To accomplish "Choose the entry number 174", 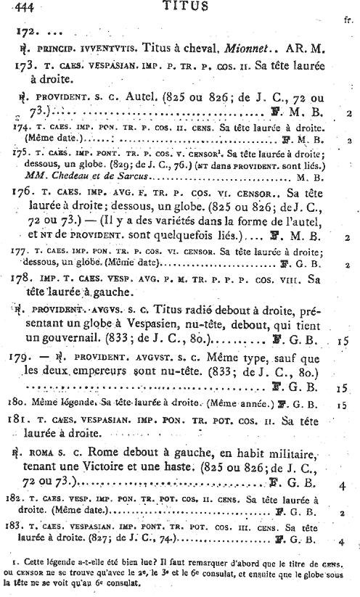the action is [x=22, y=125].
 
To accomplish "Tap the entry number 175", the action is [x=22, y=153].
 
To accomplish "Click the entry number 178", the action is [x=23, y=279].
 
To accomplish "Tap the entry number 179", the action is [x=23, y=358].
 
